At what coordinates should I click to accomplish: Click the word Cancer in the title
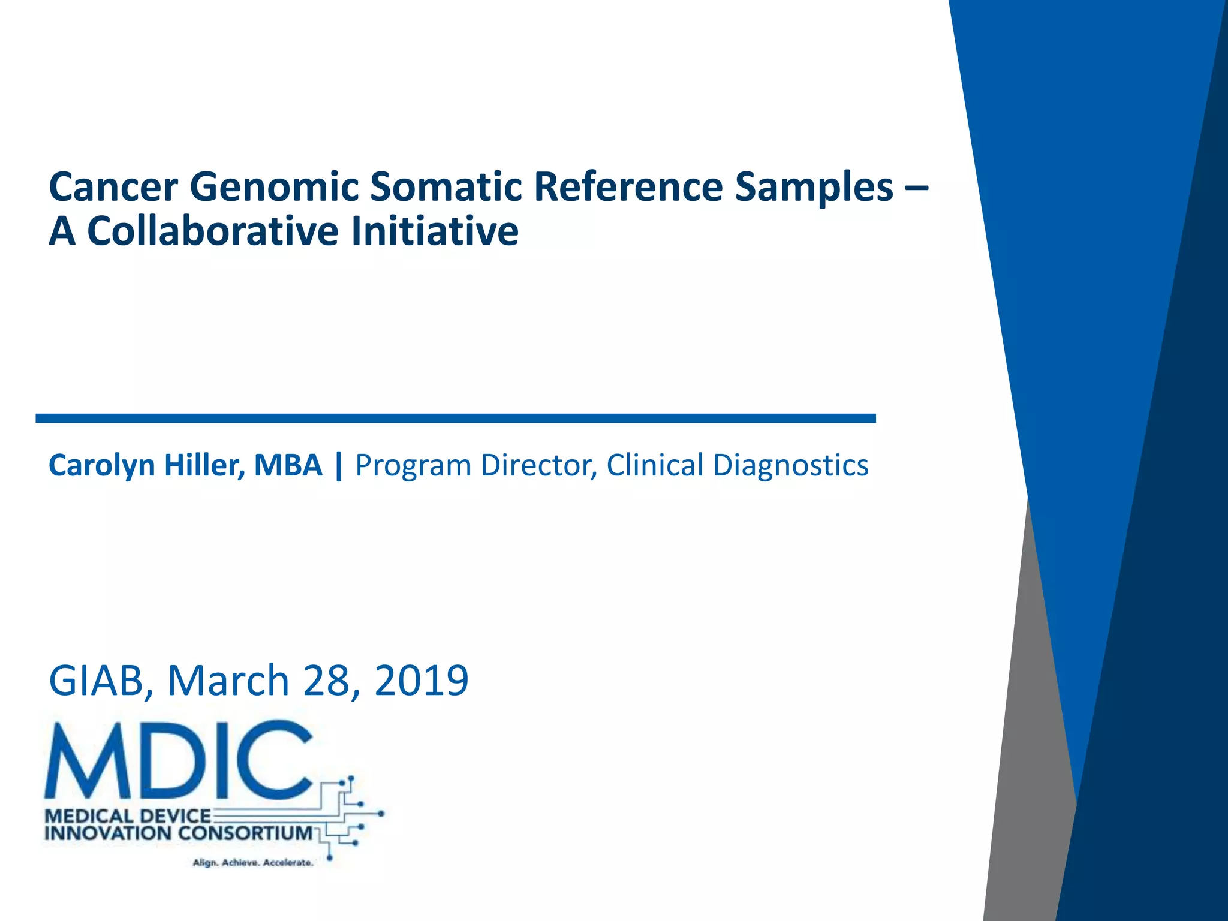[x=113, y=187]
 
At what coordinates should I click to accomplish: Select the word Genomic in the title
[x=273, y=187]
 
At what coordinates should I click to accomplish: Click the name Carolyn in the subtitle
[x=102, y=466]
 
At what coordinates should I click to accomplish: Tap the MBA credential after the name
[x=288, y=466]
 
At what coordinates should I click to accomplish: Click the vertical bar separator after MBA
[x=339, y=466]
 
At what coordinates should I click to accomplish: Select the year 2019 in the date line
[x=421, y=681]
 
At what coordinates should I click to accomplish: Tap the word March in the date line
[x=228, y=681]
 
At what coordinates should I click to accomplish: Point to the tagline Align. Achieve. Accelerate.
[x=252, y=863]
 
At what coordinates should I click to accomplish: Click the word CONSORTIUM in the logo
[x=245, y=833]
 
